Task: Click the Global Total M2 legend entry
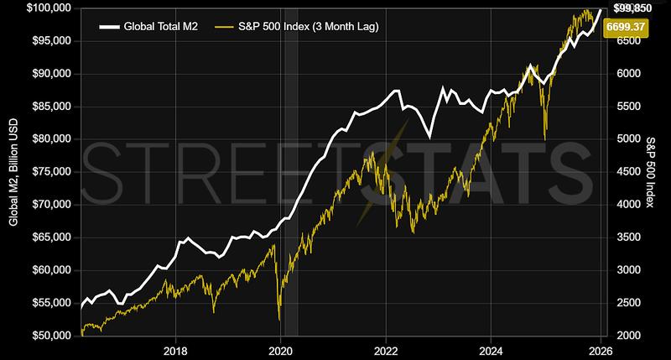point(159,27)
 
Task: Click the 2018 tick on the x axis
point(174,350)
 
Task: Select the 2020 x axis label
point(280,350)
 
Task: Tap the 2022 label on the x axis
point(386,350)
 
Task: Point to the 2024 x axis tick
point(493,350)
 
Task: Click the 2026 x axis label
point(599,350)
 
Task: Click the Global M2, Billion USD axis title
point(12,172)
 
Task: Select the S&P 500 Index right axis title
point(653,172)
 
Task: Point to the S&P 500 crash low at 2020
point(278,320)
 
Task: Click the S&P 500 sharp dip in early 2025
point(546,138)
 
